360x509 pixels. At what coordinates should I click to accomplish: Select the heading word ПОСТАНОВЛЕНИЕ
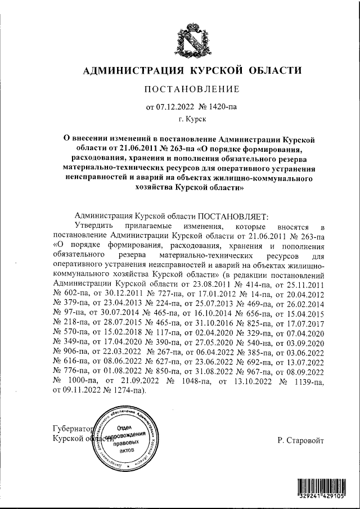(192, 89)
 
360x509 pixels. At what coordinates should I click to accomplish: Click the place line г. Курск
(192, 119)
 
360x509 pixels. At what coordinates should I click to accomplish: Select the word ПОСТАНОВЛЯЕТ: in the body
(233, 216)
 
